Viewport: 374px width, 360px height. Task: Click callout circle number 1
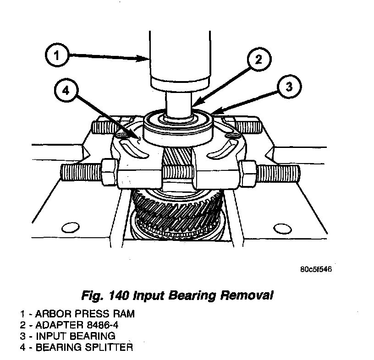pyautogui.click(x=56, y=57)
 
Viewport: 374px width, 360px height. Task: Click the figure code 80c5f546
pyautogui.click(x=317, y=269)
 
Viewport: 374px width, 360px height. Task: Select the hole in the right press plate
pyautogui.click(x=280, y=227)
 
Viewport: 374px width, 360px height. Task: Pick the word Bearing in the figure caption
pyautogui.click(x=187, y=295)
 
